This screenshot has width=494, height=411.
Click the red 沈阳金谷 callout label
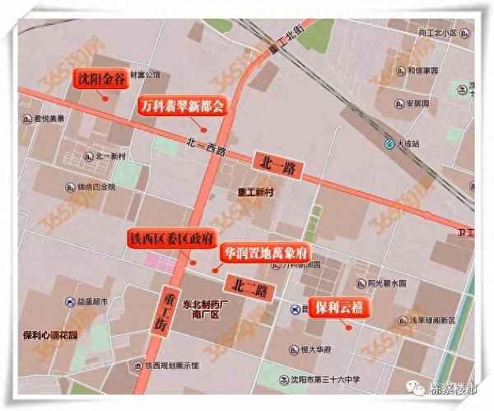(x=103, y=79)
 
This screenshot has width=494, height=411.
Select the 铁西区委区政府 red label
(x=167, y=239)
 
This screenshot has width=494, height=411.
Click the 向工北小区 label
(x=441, y=34)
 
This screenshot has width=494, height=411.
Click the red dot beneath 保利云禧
(x=348, y=327)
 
